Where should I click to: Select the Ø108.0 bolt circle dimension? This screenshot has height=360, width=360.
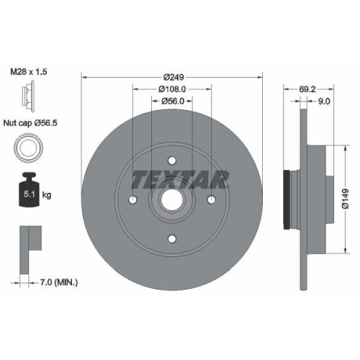click(x=172, y=89)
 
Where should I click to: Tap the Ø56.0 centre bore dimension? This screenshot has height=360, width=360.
click(x=172, y=102)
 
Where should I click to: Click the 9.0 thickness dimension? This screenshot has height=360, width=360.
click(x=324, y=102)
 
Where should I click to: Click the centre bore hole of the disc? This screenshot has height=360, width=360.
click(x=172, y=199)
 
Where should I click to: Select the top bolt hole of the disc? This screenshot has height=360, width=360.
click(x=172, y=161)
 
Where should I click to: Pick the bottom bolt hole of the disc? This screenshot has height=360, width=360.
click(x=172, y=238)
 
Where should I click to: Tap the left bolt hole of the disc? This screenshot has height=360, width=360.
click(x=134, y=199)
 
